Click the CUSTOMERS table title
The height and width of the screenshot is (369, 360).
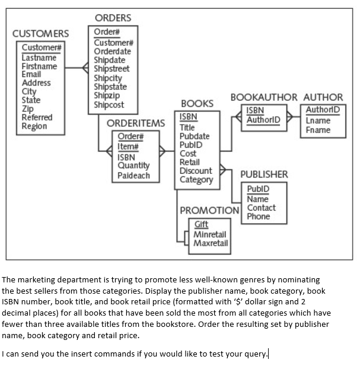[41, 33]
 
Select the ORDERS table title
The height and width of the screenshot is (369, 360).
[113, 18]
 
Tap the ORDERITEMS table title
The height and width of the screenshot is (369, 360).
[136, 123]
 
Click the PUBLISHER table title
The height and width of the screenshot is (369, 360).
[264, 174]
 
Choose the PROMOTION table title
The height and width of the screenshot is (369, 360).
[209, 211]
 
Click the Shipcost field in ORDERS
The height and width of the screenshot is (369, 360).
[109, 104]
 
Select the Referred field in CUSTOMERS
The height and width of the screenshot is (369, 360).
[37, 117]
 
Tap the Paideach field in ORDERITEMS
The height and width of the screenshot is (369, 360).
[133, 176]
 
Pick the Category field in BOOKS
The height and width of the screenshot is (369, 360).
[196, 180]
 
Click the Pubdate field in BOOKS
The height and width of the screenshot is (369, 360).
[194, 136]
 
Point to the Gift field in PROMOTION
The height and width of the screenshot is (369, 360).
[201, 225]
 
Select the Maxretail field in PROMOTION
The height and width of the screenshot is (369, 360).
[211, 243]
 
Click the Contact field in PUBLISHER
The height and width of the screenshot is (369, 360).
[261, 208]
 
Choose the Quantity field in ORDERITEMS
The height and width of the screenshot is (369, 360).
[133, 167]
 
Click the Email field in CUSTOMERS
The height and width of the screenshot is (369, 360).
[31, 74]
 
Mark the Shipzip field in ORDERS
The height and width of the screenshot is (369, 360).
[107, 96]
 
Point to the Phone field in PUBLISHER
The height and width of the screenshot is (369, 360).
[258, 217]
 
